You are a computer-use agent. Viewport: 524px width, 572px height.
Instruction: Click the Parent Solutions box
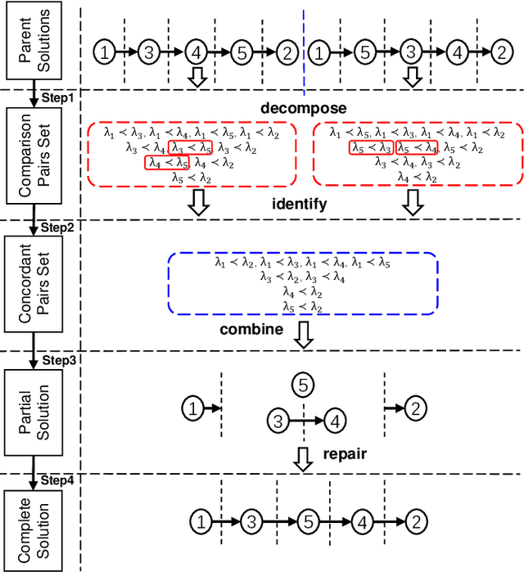[34, 41]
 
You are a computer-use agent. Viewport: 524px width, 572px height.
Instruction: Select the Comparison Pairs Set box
[34, 156]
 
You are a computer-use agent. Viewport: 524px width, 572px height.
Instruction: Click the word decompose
[303, 109]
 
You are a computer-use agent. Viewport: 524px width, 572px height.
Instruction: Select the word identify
[299, 204]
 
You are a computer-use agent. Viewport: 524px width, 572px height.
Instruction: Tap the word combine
[251, 330]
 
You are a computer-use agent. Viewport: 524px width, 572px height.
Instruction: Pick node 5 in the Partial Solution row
[303, 385]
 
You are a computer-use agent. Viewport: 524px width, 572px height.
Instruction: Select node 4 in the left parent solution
[195, 52]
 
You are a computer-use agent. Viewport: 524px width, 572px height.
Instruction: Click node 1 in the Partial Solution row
[191, 407]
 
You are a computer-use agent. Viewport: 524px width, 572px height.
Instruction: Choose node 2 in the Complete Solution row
[415, 520]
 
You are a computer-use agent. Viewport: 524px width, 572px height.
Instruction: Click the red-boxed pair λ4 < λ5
[165, 163]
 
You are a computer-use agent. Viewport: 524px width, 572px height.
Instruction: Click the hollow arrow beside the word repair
[303, 458]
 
